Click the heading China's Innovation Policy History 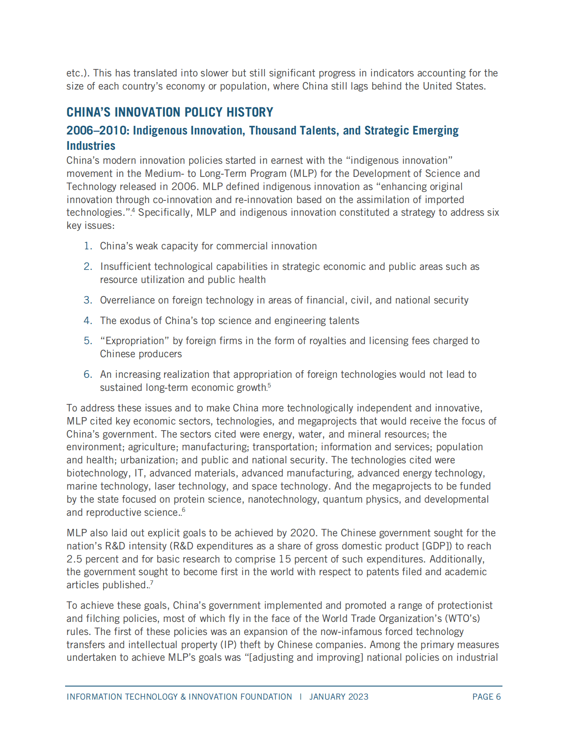click(x=170, y=112)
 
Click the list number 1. click(x=88, y=246)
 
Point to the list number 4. click(x=88, y=321)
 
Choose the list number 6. click(x=88, y=375)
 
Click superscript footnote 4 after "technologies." click(x=133, y=210)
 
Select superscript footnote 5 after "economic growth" click(x=270, y=385)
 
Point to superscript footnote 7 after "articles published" click(x=152, y=583)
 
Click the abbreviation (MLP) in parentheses click(x=303, y=174)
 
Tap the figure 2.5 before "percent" click(x=74, y=559)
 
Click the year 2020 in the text click(x=303, y=533)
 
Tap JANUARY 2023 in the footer click(x=339, y=697)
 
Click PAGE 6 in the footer click(x=486, y=697)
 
